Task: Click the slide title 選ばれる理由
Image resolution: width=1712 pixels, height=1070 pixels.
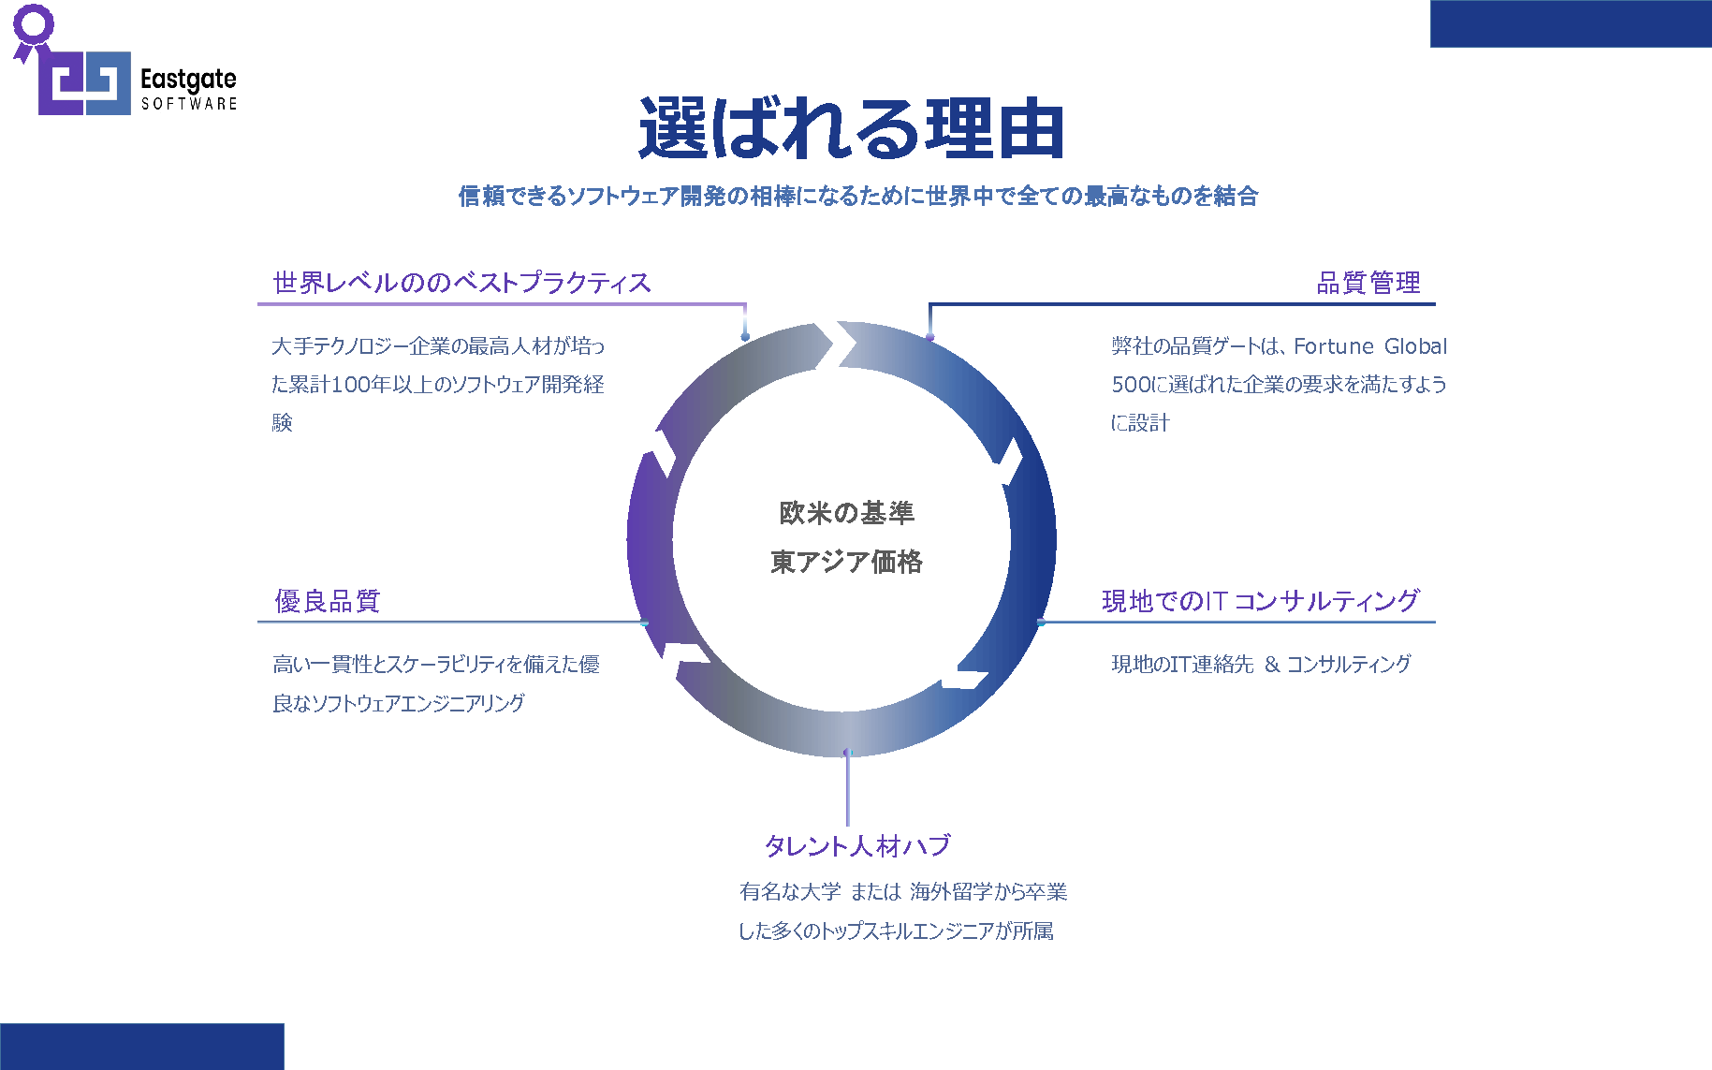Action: (851, 128)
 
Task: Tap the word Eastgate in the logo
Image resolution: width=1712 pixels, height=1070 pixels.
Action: (188, 81)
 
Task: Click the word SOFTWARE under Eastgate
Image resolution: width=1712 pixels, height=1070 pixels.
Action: (189, 104)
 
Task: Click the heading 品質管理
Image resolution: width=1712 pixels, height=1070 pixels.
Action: (1368, 283)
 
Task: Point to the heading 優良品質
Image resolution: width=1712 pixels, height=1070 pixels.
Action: (328, 601)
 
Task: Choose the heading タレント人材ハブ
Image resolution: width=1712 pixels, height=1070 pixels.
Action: (857, 845)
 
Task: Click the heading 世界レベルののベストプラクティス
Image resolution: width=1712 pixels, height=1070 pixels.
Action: (461, 283)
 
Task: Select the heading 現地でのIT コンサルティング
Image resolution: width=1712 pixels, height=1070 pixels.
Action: (1261, 601)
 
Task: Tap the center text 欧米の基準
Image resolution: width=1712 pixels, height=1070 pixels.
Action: (846, 513)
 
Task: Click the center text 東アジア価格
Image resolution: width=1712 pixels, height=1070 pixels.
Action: (846, 562)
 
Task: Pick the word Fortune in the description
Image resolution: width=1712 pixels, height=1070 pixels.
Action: (1334, 346)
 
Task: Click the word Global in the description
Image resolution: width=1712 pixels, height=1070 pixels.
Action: (1415, 346)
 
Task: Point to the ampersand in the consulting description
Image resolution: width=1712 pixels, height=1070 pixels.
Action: (1271, 665)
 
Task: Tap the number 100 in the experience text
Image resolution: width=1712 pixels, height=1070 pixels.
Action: (351, 385)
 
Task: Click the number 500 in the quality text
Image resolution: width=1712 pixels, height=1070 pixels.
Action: (1127, 385)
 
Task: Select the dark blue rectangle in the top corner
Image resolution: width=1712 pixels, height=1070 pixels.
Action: (1571, 23)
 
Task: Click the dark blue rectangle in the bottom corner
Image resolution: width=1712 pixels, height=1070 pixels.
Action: (141, 1047)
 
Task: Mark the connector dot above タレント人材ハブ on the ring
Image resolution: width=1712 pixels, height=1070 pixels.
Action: (847, 752)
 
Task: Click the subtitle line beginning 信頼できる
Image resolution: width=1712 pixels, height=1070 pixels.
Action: (857, 196)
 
